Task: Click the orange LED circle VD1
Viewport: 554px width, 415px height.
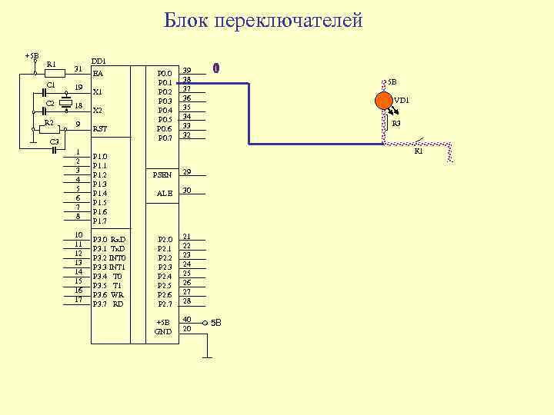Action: click(x=383, y=101)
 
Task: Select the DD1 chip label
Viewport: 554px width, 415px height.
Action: click(x=98, y=60)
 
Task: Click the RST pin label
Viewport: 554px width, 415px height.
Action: click(x=99, y=129)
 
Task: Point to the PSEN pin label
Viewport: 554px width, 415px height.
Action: click(x=162, y=175)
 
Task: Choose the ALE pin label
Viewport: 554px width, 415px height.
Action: click(x=165, y=194)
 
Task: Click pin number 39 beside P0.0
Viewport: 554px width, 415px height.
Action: click(x=186, y=71)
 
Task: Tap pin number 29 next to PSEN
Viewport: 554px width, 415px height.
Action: click(x=186, y=171)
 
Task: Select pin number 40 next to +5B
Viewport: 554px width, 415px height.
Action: click(x=186, y=319)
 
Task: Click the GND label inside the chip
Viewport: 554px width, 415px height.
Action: click(x=163, y=331)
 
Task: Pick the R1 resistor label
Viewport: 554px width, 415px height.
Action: click(x=51, y=64)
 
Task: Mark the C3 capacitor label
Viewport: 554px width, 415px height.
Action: click(x=54, y=142)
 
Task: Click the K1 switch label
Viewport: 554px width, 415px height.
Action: click(x=419, y=151)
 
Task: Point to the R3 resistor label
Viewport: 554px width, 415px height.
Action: click(x=396, y=123)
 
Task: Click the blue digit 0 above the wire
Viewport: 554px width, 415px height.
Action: click(x=217, y=68)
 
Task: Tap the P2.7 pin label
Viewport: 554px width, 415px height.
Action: click(x=165, y=304)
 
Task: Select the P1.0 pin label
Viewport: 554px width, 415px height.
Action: click(x=100, y=156)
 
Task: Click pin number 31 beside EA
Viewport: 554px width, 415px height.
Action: click(x=78, y=68)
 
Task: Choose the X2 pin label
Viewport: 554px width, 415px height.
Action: click(x=98, y=110)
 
